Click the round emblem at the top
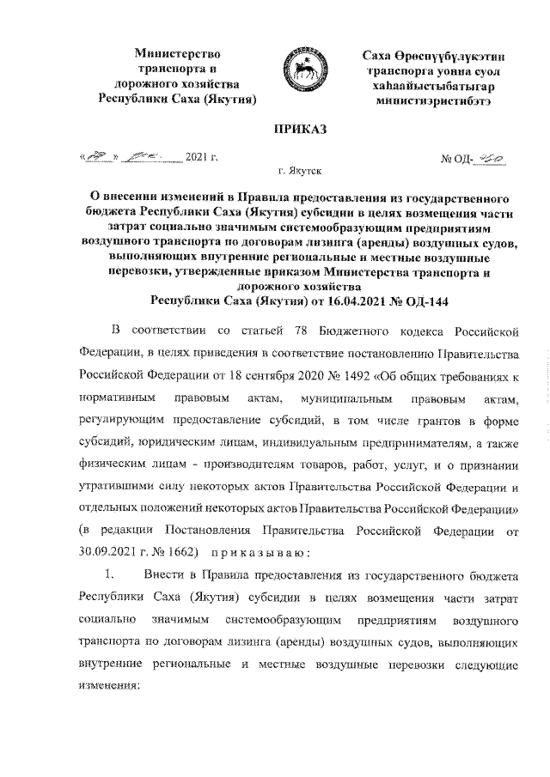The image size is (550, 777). tap(299, 73)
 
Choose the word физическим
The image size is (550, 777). tap(109, 490)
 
